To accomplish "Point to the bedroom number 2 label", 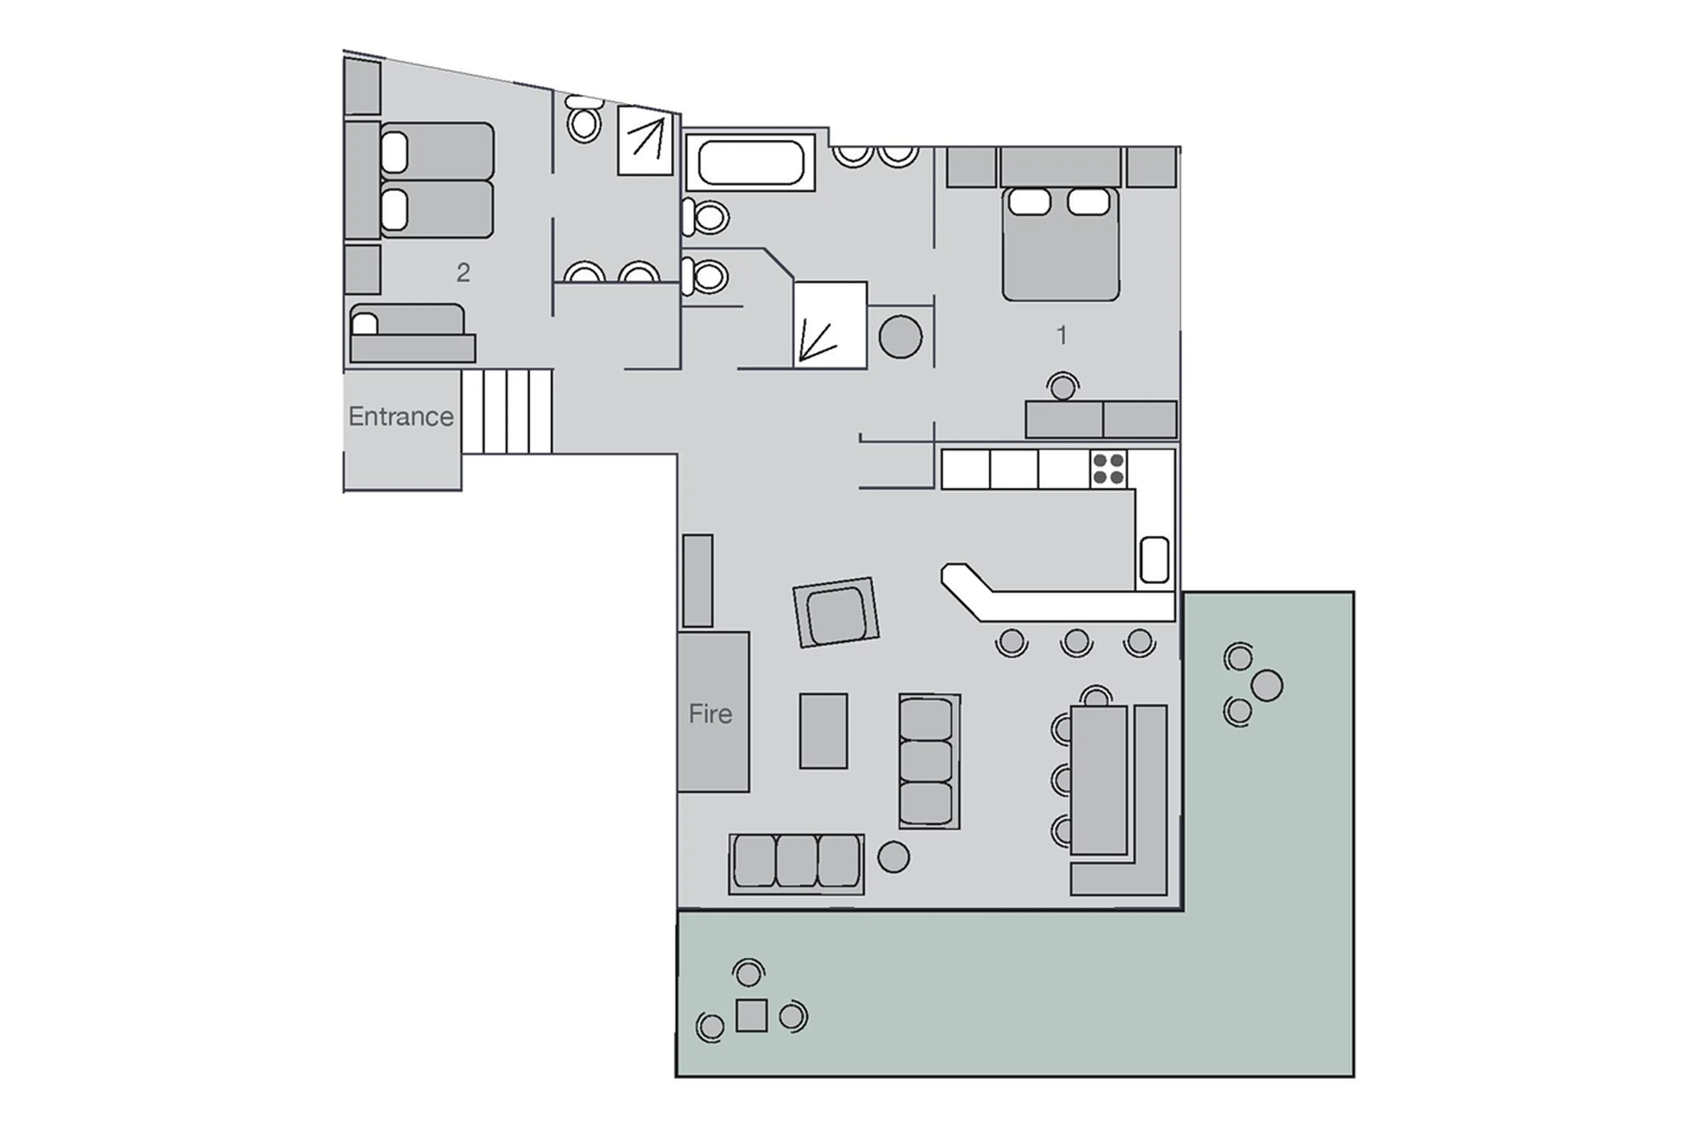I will click(463, 272).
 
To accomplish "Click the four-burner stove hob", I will click(1108, 469).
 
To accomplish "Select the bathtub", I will click(750, 163).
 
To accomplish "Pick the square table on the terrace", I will click(751, 1015).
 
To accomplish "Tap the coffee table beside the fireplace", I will click(823, 731).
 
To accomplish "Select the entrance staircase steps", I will click(506, 411).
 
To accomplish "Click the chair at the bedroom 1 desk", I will click(1062, 386).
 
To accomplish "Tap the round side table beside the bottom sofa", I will click(893, 857).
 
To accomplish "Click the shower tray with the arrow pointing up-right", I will click(645, 140).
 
